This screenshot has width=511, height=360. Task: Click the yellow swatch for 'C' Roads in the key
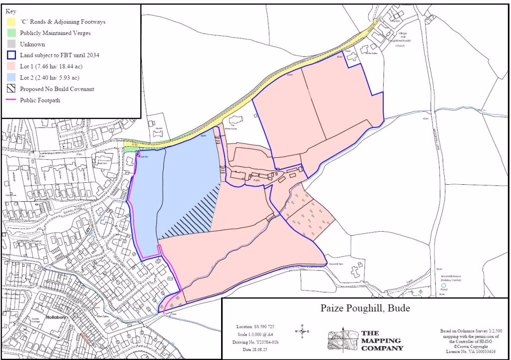coord(11,22)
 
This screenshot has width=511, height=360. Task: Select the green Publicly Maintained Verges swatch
coord(11,33)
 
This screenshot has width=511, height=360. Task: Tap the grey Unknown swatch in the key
coord(11,44)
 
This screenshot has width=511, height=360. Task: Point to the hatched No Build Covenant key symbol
coord(11,89)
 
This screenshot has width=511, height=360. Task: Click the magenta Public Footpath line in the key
coord(11,100)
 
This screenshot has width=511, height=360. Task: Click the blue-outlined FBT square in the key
coord(11,55)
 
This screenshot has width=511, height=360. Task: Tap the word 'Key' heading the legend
coord(10,10)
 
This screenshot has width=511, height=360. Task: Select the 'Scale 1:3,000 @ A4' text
coord(255,334)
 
